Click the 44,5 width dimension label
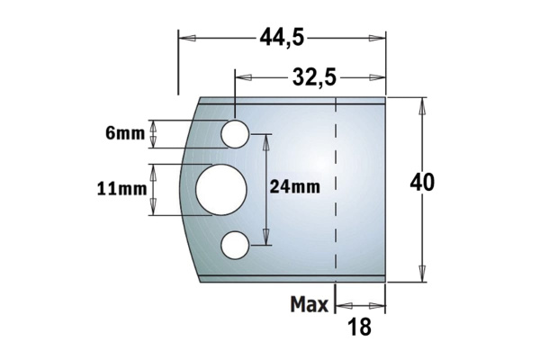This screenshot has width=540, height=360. point(281,37)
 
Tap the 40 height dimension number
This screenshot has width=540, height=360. point(422,182)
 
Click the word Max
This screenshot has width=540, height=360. point(309,305)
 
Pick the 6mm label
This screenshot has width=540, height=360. point(125,134)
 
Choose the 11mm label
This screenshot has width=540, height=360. point(121,189)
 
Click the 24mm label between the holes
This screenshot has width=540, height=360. point(294,187)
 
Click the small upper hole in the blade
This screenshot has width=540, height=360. point(236,133)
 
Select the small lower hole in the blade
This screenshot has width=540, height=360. point(236,245)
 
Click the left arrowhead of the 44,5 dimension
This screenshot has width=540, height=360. point(184,37)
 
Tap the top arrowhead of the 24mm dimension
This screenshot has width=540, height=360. point(265,138)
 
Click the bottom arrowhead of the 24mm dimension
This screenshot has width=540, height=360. point(265,240)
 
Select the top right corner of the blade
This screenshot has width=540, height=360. point(386,96)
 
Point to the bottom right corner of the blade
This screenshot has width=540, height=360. point(386,282)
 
